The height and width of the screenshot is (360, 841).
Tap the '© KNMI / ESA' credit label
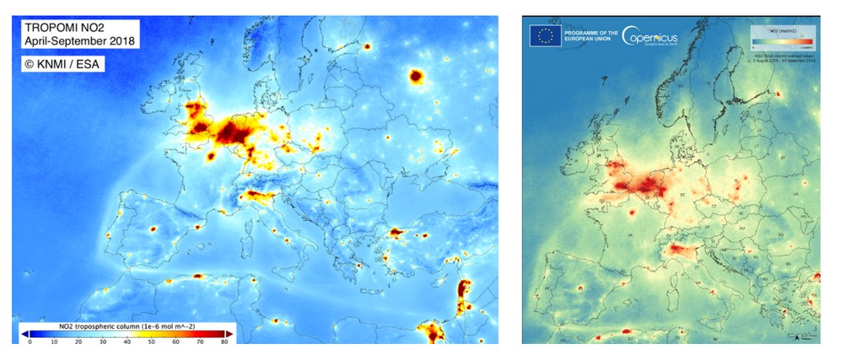[x=62, y=62]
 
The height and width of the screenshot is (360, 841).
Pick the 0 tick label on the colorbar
[x=30, y=342]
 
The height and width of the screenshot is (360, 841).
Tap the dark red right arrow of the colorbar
[x=230, y=334]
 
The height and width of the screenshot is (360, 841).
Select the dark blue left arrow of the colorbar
[x=24, y=334]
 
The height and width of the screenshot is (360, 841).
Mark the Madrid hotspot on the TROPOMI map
[x=154, y=228]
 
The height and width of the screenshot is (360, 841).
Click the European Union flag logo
[x=545, y=35]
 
